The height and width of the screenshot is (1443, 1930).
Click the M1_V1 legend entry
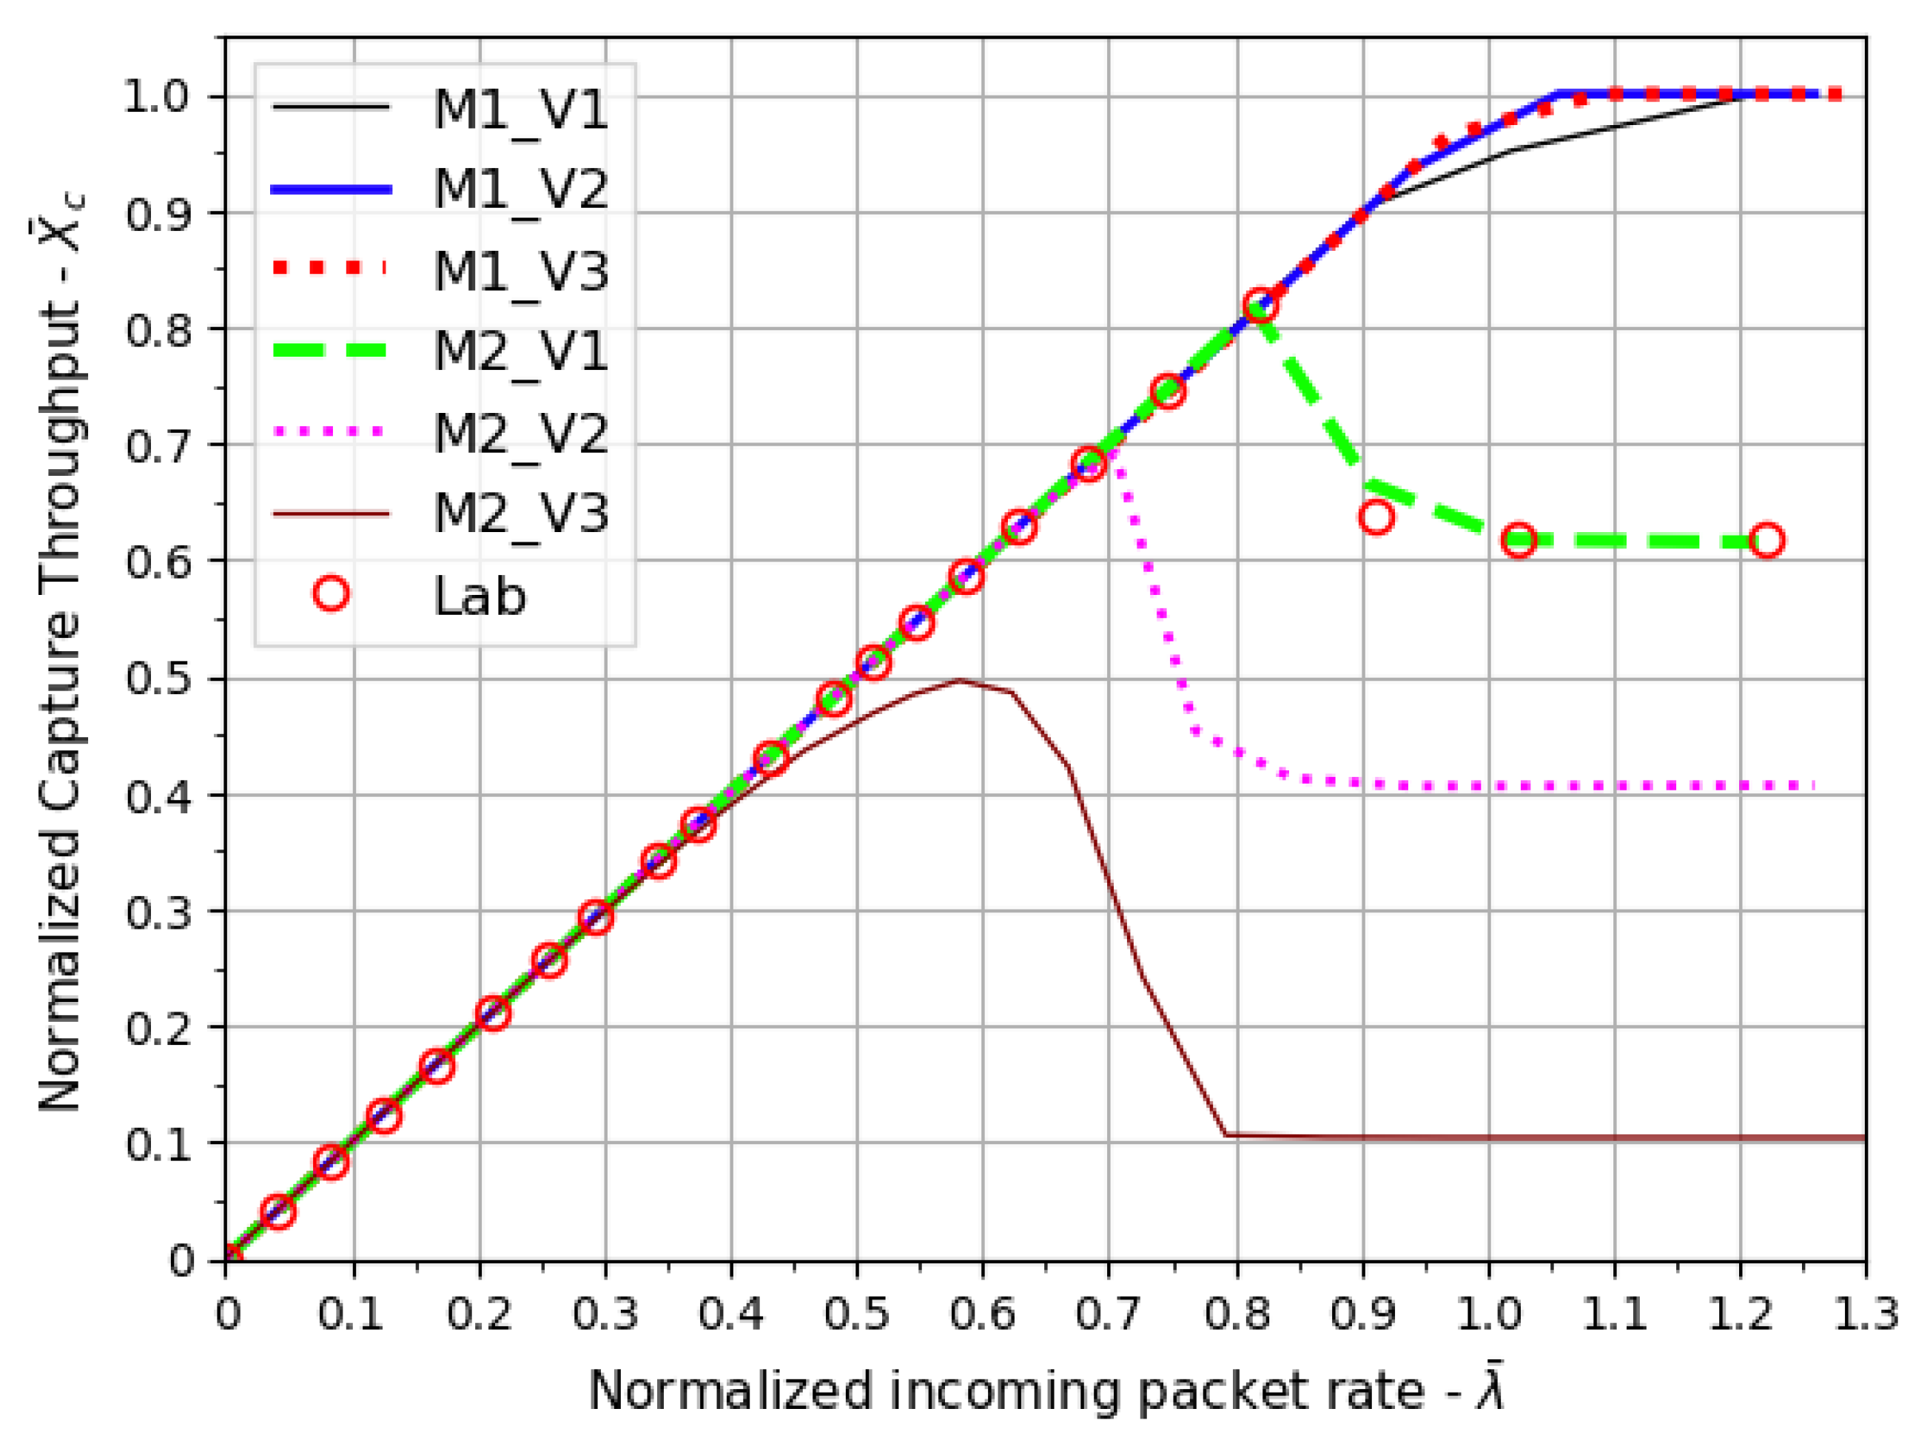(x=521, y=110)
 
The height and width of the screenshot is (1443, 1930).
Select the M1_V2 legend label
(x=521, y=189)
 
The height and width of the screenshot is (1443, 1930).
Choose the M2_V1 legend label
(x=521, y=351)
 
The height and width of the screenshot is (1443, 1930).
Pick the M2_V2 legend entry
(x=521, y=432)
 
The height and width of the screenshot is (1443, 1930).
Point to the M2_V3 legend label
(x=521, y=513)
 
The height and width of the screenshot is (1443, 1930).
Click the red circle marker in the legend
(x=332, y=594)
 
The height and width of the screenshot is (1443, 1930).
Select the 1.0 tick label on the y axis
(x=157, y=97)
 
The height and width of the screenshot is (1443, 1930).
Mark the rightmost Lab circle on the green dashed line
(x=1767, y=541)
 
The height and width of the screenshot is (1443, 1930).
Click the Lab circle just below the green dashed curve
(x=1376, y=517)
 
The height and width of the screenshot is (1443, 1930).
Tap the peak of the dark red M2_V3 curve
(x=960, y=681)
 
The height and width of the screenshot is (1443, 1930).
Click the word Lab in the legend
(x=480, y=596)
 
